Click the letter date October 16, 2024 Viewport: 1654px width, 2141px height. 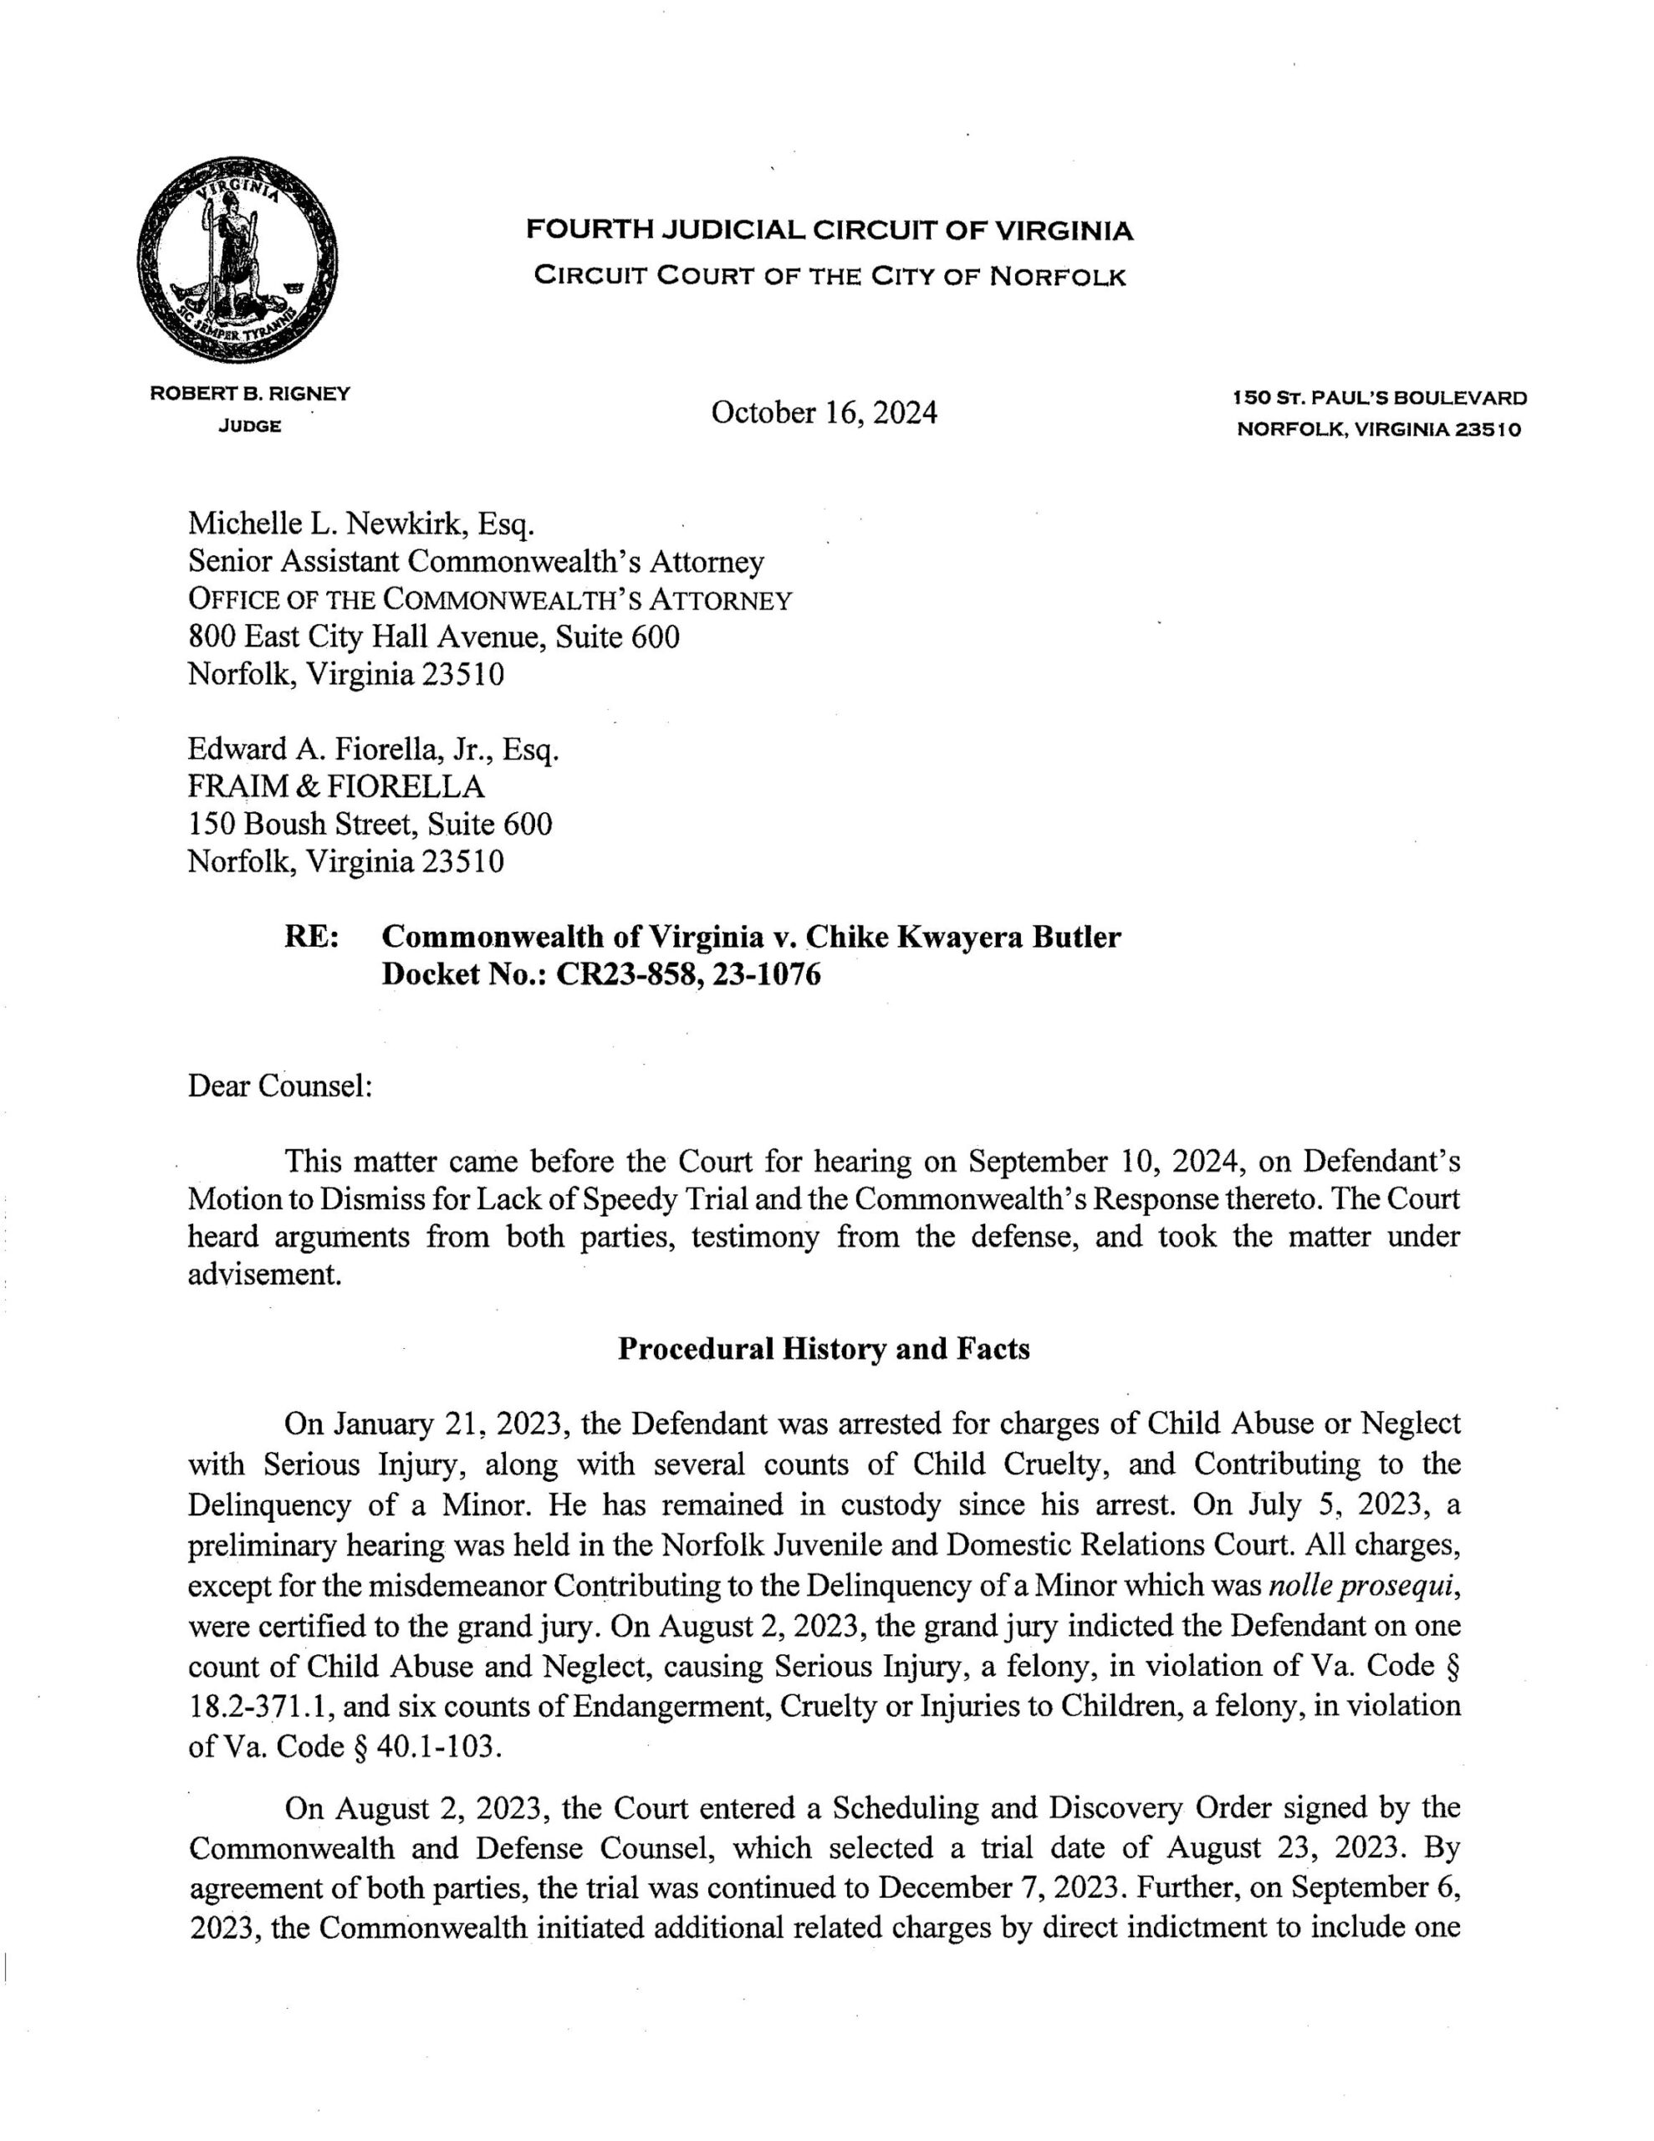click(824, 412)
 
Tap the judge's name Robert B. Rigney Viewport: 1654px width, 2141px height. click(249, 394)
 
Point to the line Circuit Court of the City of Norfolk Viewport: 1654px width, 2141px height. click(830, 277)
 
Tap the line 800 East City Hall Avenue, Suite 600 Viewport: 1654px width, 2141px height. click(433, 637)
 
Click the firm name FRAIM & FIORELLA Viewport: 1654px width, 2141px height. click(336, 786)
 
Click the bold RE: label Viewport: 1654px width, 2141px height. click(312, 938)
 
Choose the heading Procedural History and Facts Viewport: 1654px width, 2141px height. click(824, 1349)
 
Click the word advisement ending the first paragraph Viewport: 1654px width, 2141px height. click(265, 1275)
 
